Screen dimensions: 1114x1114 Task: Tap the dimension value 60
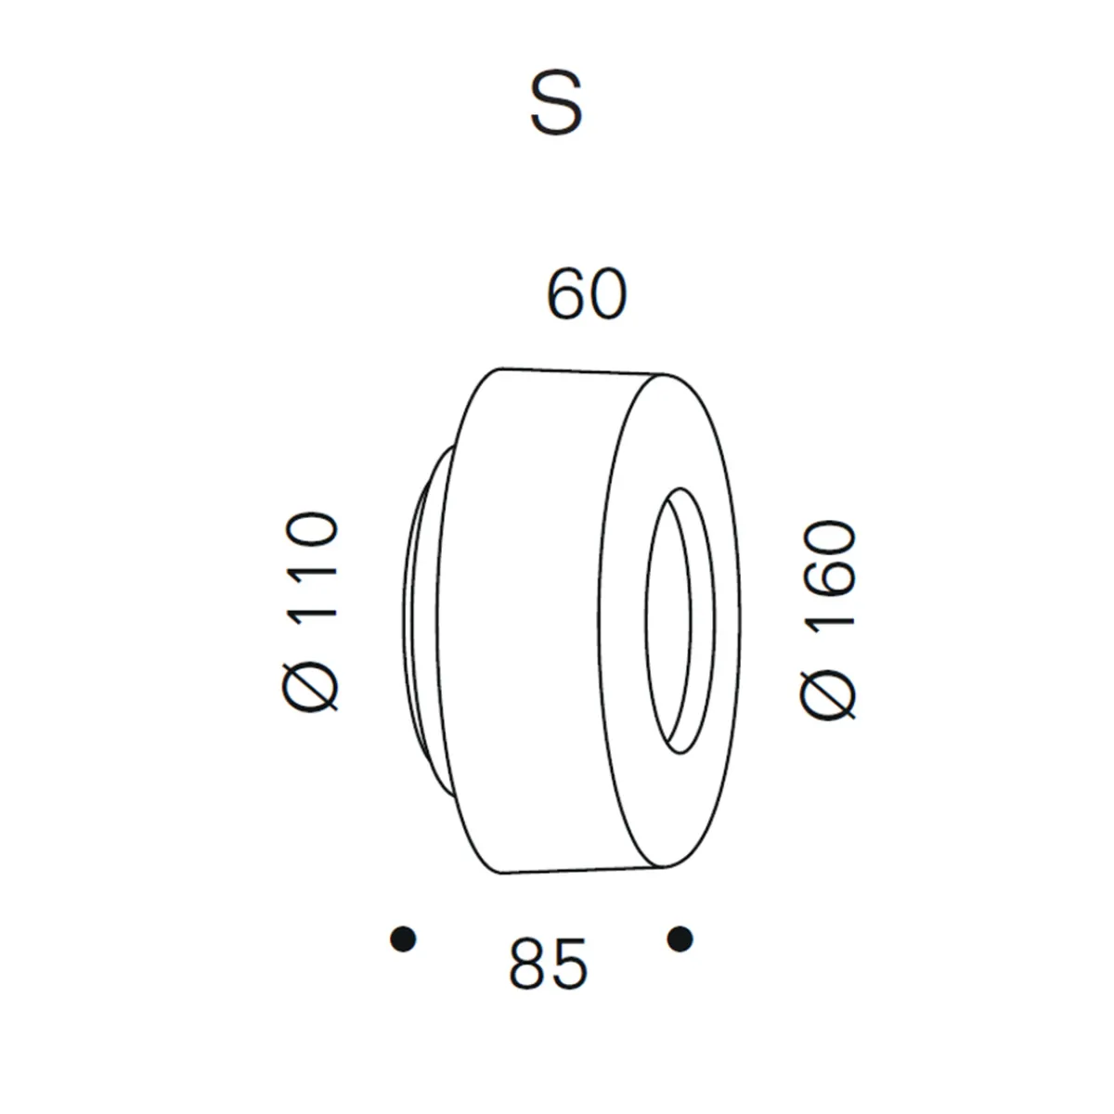pyautogui.click(x=587, y=296)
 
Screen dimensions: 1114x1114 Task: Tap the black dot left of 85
pyautogui.click(x=403, y=939)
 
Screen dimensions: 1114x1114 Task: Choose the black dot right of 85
pyautogui.click(x=680, y=939)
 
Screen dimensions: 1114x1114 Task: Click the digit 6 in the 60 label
pyautogui.click(x=566, y=296)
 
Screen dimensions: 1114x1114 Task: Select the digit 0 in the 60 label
pyautogui.click(x=607, y=296)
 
